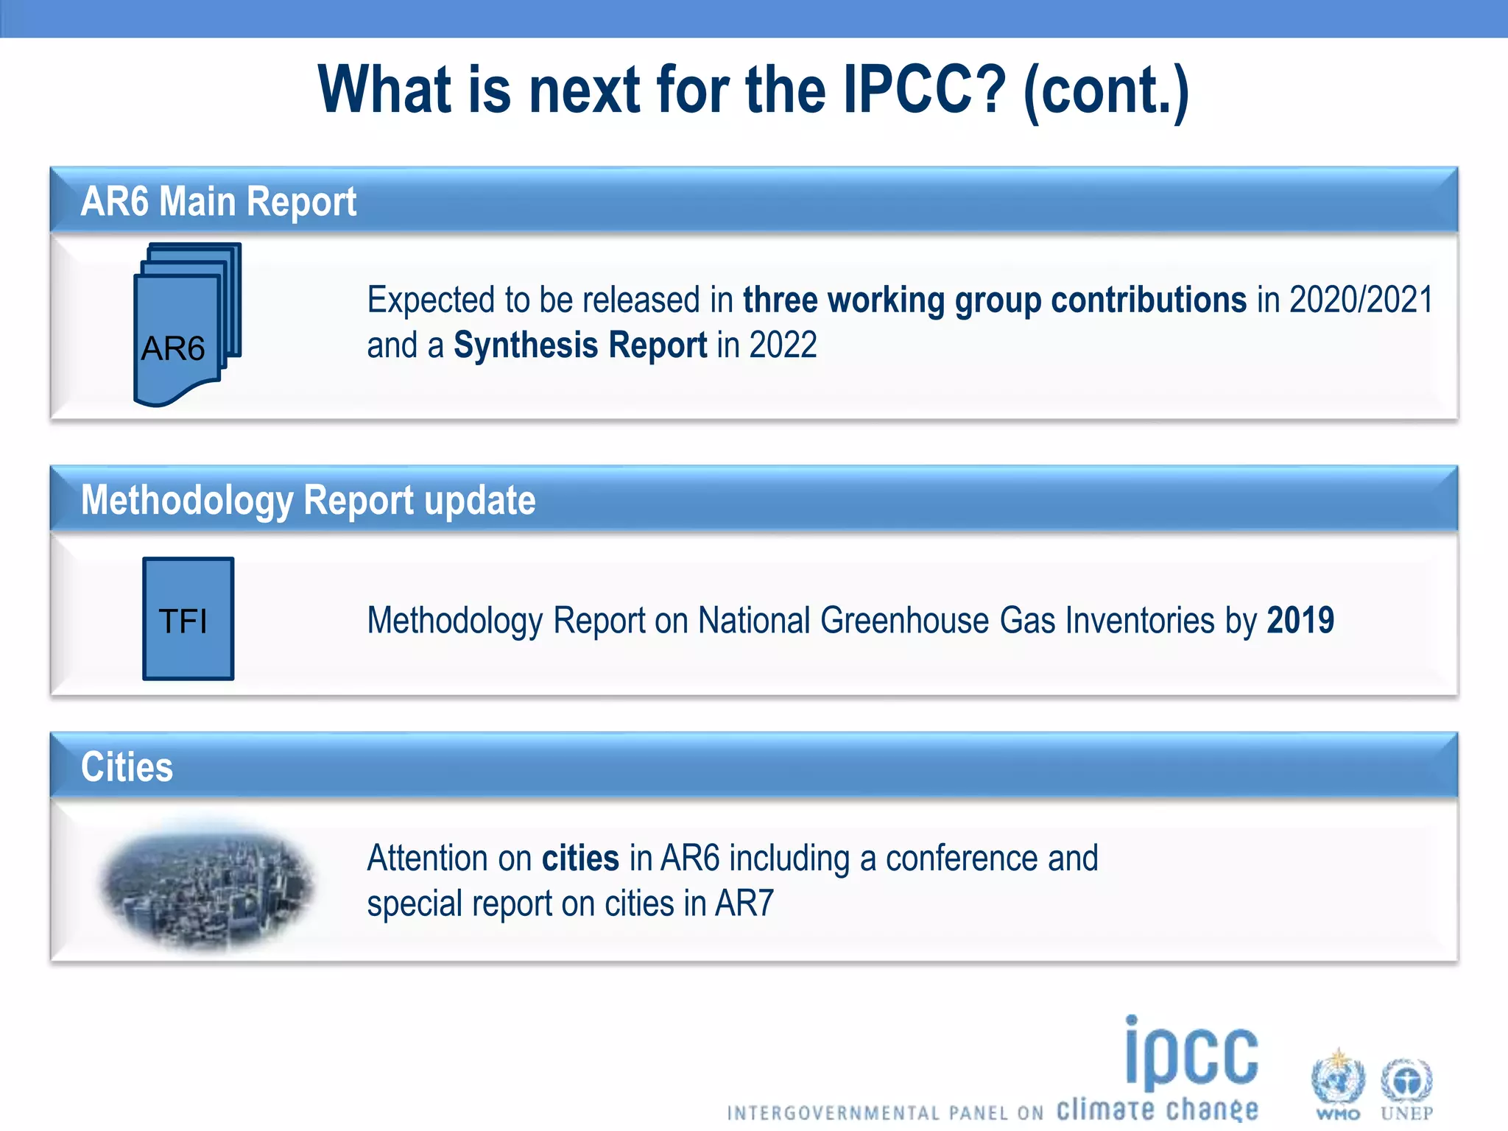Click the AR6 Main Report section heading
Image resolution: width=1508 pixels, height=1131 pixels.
point(219,202)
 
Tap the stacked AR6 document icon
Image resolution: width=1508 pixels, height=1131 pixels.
point(188,324)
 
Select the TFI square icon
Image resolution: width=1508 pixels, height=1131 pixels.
point(188,619)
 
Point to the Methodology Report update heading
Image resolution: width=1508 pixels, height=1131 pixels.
point(308,501)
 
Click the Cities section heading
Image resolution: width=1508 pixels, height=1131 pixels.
point(127,767)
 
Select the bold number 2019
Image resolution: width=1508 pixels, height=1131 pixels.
point(1300,620)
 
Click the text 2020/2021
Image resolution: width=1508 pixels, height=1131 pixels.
point(1361,300)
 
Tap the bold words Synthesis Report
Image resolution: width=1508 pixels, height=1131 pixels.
point(579,345)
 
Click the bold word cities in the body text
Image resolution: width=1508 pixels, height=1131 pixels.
point(580,859)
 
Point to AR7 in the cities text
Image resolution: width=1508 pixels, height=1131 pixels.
point(744,903)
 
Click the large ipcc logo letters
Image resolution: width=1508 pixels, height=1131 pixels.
point(1191,1054)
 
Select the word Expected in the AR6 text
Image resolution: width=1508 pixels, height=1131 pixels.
point(431,300)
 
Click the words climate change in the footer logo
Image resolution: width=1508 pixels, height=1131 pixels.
point(1157,1109)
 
